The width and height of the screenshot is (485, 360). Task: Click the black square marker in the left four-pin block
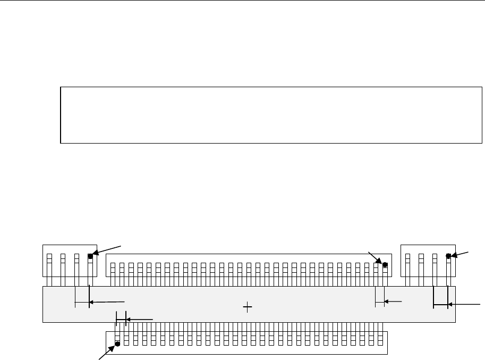click(x=90, y=256)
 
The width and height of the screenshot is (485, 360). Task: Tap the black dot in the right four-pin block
click(x=448, y=256)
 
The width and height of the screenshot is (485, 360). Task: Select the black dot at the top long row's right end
click(x=385, y=264)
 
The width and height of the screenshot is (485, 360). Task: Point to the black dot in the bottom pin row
click(x=117, y=344)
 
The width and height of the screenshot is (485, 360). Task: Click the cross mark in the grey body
click(x=247, y=307)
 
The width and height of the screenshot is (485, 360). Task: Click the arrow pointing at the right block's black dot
click(x=461, y=253)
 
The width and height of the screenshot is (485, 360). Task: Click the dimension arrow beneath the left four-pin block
click(x=107, y=302)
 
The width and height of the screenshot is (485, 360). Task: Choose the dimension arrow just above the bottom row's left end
click(x=139, y=319)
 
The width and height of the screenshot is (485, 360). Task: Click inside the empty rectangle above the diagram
click(x=271, y=115)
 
